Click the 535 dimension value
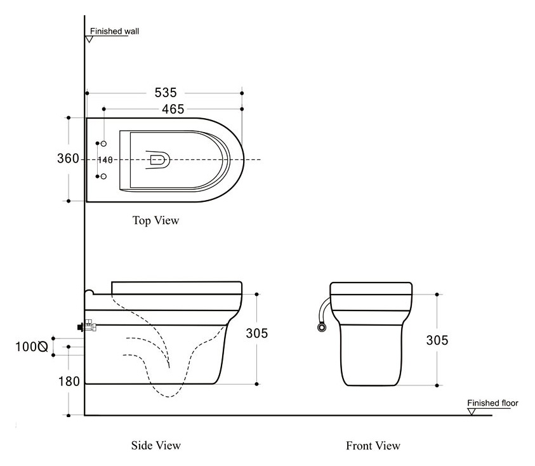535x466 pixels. (x=166, y=93)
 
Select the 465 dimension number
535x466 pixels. (x=173, y=109)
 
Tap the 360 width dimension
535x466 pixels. (x=68, y=159)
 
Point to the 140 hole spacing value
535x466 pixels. (x=105, y=160)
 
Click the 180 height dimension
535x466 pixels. (x=69, y=382)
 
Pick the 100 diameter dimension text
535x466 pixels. (x=31, y=347)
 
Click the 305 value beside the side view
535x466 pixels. (x=257, y=333)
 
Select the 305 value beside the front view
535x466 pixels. (x=437, y=340)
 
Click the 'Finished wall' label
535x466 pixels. (x=114, y=31)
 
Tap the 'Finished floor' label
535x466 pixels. (x=492, y=403)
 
